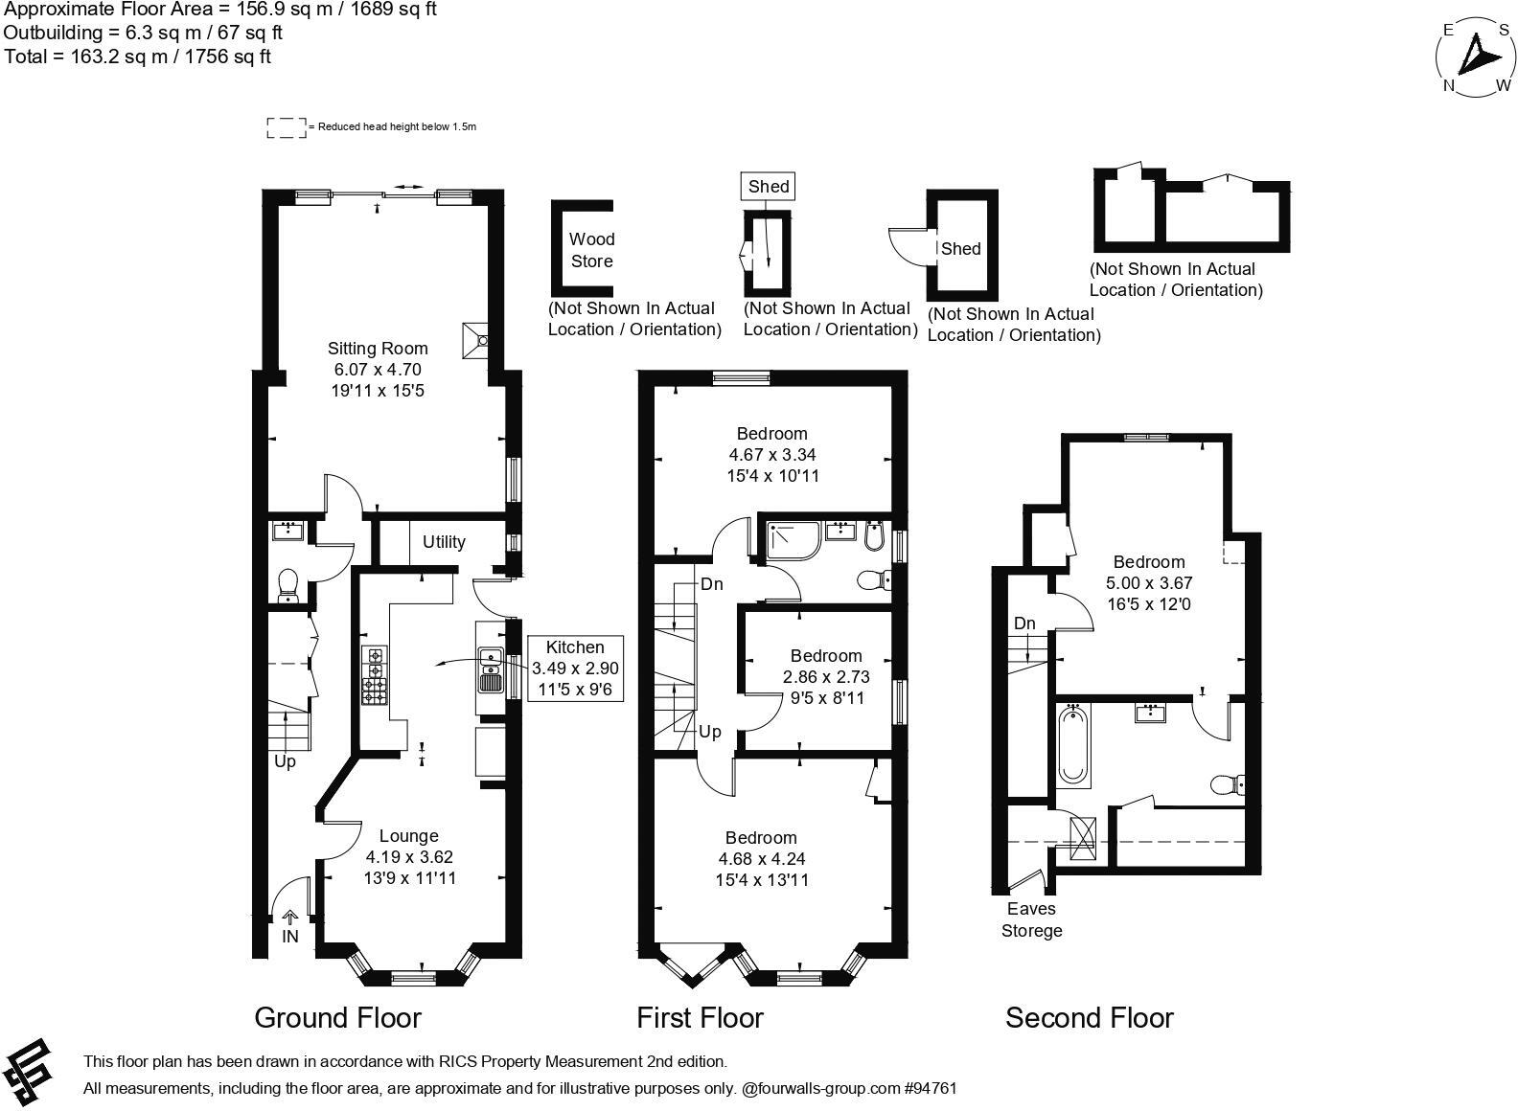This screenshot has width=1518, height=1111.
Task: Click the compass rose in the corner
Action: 1477,58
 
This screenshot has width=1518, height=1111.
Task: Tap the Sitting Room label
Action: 378,349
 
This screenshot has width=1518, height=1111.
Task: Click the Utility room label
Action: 444,542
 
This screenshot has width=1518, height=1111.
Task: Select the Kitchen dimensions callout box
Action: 575,668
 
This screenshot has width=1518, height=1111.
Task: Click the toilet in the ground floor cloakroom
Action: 287,585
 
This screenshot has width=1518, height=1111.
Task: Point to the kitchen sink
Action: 491,669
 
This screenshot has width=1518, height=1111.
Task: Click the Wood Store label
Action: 591,250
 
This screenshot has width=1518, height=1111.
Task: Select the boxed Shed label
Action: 769,187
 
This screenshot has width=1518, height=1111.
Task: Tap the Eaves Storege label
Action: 1031,919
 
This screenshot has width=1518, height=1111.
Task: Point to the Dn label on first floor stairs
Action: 711,584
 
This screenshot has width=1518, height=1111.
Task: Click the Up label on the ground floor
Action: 285,762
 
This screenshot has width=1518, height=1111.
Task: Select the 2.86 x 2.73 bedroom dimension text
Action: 825,677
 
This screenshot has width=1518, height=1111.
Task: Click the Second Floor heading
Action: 1089,1017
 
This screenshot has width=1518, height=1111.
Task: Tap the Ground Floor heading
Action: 337,1017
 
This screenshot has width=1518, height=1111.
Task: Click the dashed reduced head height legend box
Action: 286,127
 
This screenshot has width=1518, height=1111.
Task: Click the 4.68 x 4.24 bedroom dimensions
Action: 761,859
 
